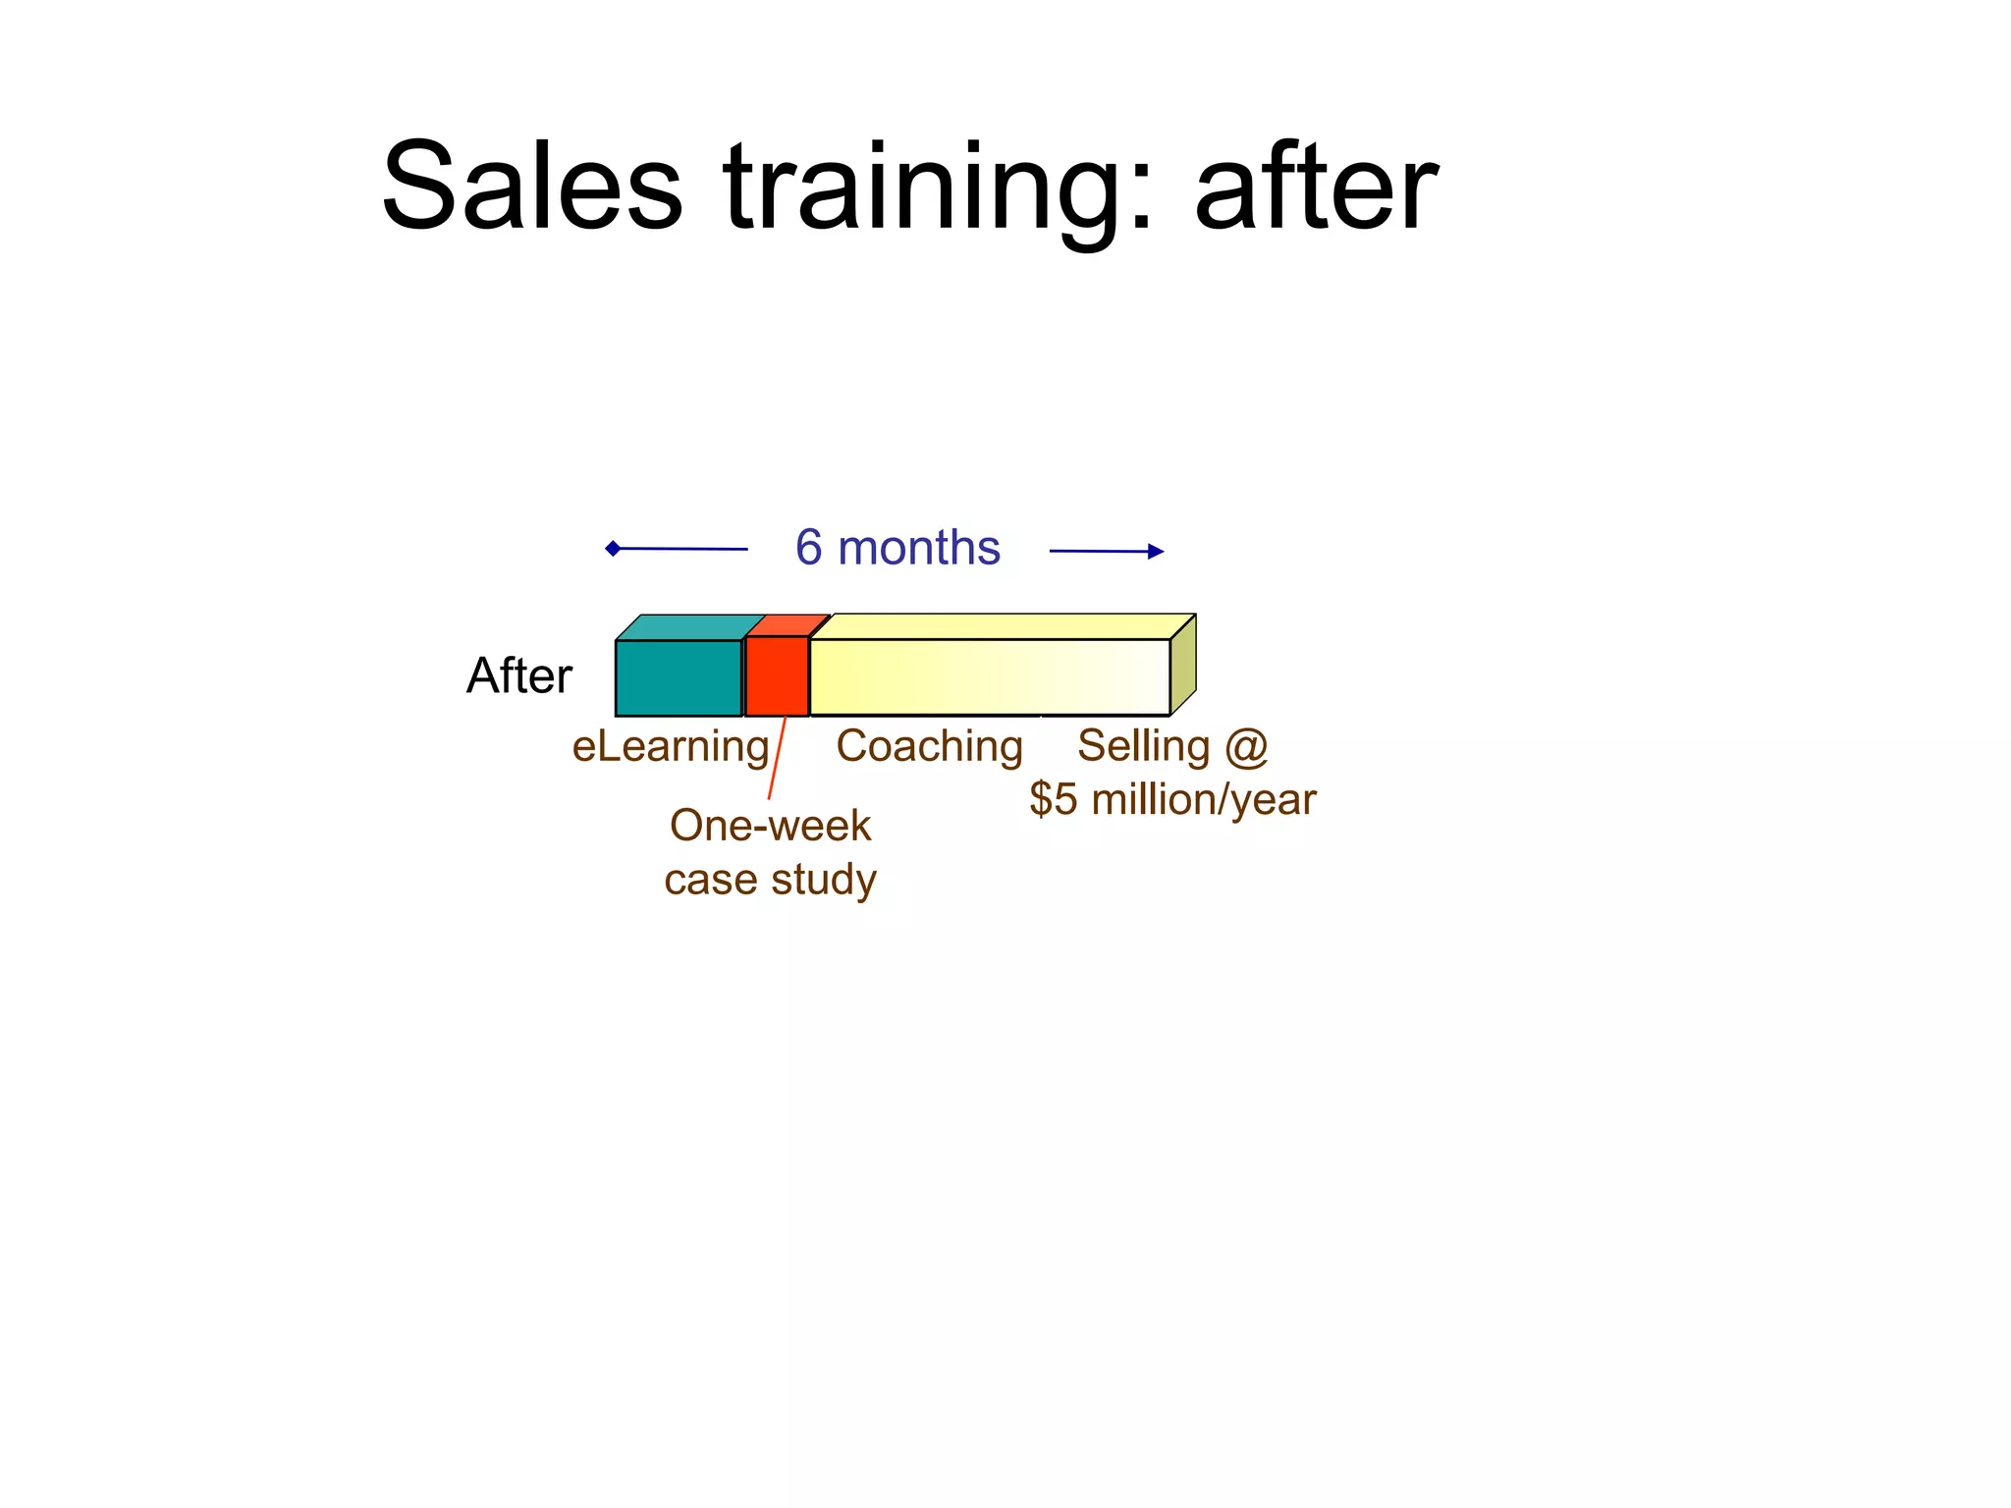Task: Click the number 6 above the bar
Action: coord(808,547)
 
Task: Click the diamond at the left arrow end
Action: coord(613,548)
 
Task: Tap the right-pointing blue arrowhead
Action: coord(1155,552)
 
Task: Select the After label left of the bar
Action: coord(518,675)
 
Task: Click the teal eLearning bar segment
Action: coord(679,677)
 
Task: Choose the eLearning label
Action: coord(671,747)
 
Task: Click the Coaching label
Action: coord(929,746)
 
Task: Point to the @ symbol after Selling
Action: coord(1246,746)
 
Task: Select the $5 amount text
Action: coord(1054,800)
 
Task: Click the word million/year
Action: coord(1204,800)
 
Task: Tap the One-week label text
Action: coord(770,826)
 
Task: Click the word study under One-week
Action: coord(825,881)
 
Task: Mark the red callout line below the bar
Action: coord(777,758)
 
